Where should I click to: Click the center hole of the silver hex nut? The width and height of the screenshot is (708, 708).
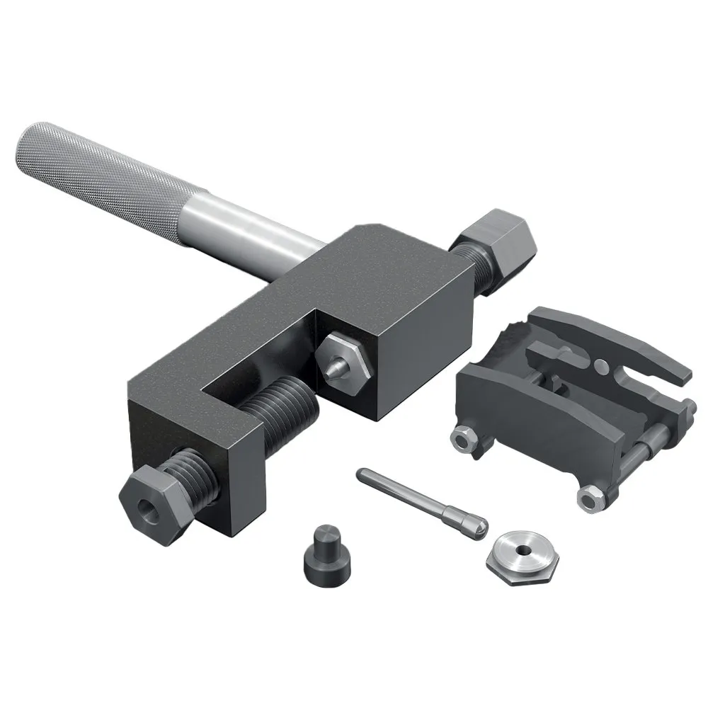pos(522,552)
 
